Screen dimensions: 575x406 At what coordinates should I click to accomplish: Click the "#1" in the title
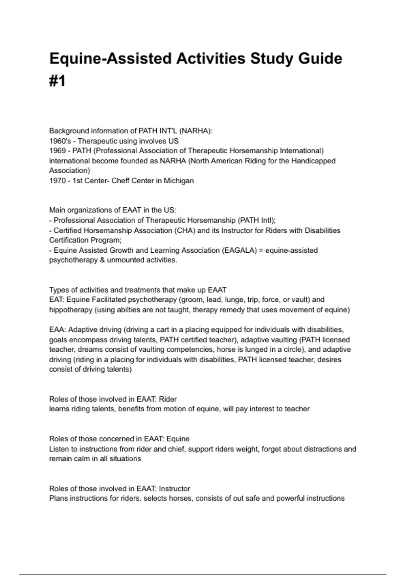coord(57,81)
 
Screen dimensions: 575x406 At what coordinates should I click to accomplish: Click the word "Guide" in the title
coord(320,59)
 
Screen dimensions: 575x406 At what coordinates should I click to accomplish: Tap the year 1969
coord(57,151)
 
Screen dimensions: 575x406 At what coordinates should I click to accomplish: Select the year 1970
coord(57,181)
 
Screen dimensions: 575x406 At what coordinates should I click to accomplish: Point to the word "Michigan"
coord(179,181)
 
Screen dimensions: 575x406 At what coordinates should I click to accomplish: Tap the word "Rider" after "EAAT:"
coord(168,399)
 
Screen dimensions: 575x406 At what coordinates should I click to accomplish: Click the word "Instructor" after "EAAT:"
coord(174,488)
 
